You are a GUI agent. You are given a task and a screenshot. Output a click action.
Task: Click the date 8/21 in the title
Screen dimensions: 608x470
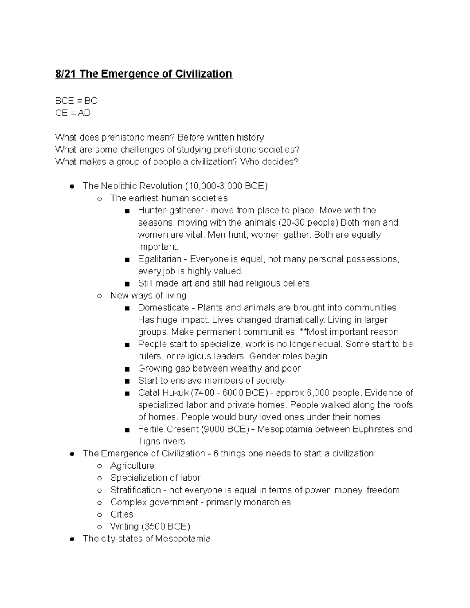(x=66, y=74)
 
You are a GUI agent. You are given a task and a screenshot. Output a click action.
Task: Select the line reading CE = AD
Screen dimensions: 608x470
(x=73, y=113)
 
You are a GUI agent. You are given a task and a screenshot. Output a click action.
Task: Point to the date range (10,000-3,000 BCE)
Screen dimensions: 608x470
(x=226, y=186)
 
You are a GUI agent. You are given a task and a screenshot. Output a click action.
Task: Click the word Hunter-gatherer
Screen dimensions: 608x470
(x=170, y=210)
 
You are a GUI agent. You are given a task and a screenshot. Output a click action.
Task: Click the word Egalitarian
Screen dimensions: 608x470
(x=159, y=259)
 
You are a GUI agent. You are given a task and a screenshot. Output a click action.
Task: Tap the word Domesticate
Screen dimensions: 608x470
(x=163, y=307)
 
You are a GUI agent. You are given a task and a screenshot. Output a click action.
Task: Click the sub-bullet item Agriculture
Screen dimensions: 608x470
(x=132, y=465)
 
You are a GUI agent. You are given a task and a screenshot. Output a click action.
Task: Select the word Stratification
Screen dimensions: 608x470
(x=136, y=490)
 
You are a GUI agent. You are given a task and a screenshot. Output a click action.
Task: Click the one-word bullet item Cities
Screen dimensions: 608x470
(x=121, y=514)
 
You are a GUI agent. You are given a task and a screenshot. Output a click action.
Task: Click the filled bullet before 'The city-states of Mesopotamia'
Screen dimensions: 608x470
(x=72, y=539)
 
